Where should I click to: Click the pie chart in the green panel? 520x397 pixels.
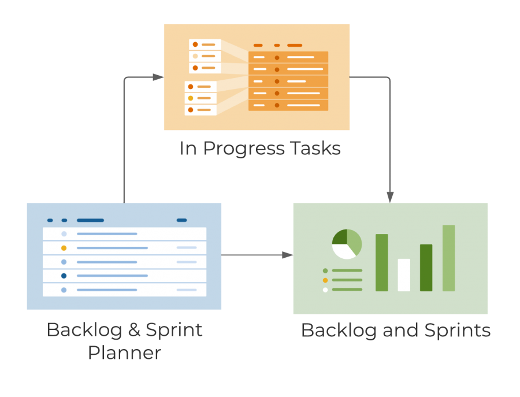[347, 244]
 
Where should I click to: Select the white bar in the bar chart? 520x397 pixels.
[404, 275]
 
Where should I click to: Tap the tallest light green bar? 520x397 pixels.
[448, 258]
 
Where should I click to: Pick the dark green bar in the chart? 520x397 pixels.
[426, 268]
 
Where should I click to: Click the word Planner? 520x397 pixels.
[124, 353]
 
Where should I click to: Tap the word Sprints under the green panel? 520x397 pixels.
[457, 331]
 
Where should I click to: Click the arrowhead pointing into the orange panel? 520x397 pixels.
[158, 77]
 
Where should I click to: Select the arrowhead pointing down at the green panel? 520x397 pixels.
[390, 197]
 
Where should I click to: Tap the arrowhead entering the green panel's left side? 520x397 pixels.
[287, 255]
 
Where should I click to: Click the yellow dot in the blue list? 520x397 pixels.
[64, 248]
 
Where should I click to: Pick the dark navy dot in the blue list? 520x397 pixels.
[64, 276]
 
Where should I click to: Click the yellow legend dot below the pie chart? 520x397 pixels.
[325, 280]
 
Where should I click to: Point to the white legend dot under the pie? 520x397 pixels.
[325, 290]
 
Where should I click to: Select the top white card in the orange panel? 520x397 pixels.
[205, 44]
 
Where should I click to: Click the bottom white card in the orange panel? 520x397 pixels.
[200, 110]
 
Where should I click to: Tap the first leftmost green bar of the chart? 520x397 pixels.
[381, 262]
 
